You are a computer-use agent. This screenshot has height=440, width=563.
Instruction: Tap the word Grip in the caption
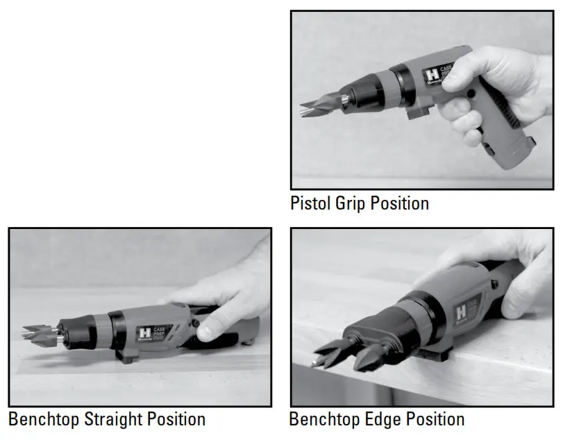[348, 203]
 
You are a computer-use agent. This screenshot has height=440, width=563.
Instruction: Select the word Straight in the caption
[115, 419]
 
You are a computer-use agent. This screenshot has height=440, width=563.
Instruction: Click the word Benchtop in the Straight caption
[44, 419]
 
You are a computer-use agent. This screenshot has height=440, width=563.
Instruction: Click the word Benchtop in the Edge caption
[324, 419]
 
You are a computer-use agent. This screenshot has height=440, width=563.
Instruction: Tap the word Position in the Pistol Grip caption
[400, 203]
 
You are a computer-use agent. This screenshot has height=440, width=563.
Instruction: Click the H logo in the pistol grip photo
[432, 75]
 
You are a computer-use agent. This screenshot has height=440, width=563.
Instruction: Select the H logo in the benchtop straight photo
[145, 333]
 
